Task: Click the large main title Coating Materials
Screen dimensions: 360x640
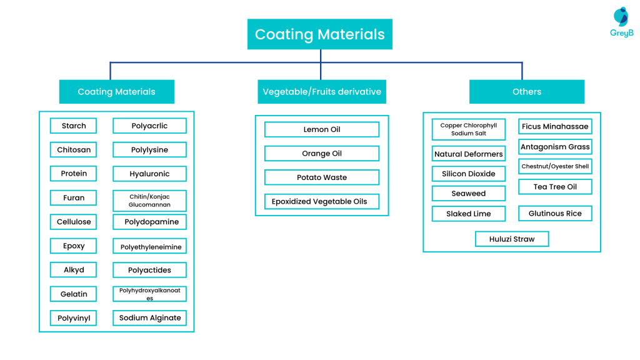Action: click(x=320, y=34)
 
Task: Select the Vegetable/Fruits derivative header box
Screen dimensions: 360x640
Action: click(x=322, y=92)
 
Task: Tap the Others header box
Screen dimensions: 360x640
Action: click(x=527, y=92)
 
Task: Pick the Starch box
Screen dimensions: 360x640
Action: click(x=74, y=126)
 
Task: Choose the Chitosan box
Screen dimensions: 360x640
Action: click(x=74, y=150)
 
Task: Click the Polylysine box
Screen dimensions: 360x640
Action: click(x=149, y=150)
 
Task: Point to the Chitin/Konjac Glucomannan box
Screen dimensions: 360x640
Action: click(x=149, y=201)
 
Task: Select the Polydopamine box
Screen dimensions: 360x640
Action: click(x=149, y=222)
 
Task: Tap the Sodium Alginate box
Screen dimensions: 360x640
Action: click(x=149, y=318)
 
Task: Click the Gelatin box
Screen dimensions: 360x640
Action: click(x=74, y=294)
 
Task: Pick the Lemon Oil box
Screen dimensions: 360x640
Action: click(x=322, y=129)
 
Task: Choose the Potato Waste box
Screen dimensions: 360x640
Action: click(x=322, y=177)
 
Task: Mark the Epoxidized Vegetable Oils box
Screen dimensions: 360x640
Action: click(x=322, y=202)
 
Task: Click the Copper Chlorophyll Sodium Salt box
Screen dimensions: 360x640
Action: click(x=469, y=129)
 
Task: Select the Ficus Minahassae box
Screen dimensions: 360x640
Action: click(x=555, y=126)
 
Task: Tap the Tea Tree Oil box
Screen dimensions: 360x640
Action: click(x=555, y=187)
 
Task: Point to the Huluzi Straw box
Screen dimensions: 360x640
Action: click(x=512, y=239)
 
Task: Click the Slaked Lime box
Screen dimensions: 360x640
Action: click(x=469, y=214)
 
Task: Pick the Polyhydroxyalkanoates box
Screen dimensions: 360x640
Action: click(x=149, y=294)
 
